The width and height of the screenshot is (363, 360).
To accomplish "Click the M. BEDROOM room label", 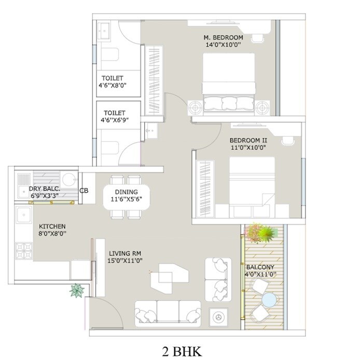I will coord(223,37).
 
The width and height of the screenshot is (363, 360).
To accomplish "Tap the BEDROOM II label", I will coord(248,140).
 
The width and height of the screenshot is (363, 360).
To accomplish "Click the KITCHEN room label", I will coord(52,226).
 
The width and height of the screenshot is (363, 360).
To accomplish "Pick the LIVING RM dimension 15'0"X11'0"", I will coord(125,261).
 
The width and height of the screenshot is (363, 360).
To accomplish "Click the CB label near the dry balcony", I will coord(84,191).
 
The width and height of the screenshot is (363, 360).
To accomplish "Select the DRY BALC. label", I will coord(45,189).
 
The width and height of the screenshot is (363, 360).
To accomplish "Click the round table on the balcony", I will coord(269,299).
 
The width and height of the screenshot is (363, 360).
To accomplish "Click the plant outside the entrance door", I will coord(77,290).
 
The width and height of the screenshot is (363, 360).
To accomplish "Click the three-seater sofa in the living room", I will coord(167,312).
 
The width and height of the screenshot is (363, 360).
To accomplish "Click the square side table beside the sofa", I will coord(218,315).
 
